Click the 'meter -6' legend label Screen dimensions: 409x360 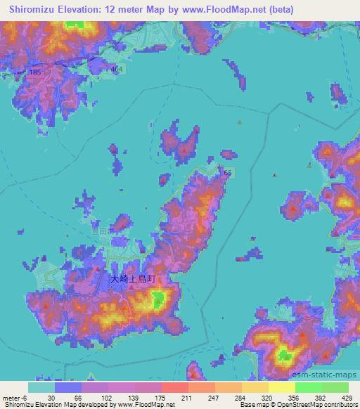tap(13, 397)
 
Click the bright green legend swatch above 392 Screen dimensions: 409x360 tap(308, 387)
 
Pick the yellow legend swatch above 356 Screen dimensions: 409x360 tap(281, 387)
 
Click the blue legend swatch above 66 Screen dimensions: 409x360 tap(68, 387)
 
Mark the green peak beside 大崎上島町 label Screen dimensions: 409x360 tap(157, 301)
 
